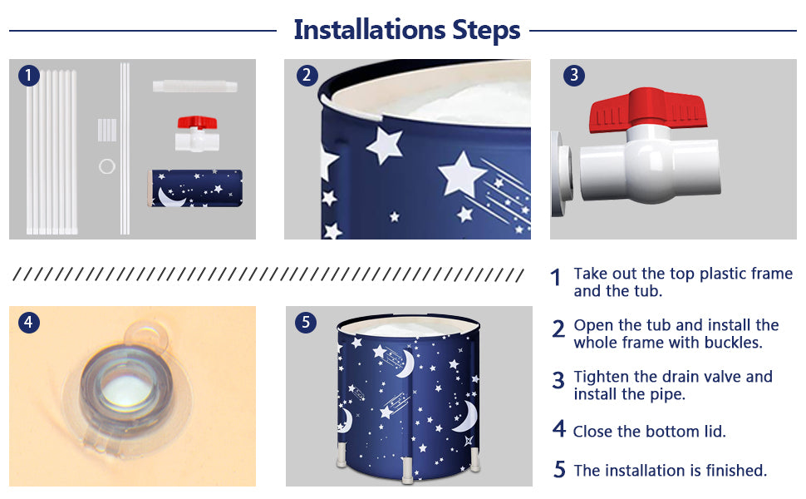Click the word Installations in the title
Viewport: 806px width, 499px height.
click(369, 30)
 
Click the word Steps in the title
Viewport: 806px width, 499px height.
click(486, 31)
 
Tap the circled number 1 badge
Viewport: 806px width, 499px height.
click(29, 76)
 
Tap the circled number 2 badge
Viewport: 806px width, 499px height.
click(307, 76)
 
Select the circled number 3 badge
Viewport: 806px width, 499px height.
click(574, 76)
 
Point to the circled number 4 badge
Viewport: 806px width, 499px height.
click(29, 323)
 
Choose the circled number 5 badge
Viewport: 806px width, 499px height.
click(306, 323)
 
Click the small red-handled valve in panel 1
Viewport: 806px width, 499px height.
click(198, 134)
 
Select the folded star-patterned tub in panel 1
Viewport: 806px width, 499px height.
click(195, 188)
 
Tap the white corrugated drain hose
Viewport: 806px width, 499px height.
click(194, 86)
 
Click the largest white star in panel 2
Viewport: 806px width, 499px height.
click(462, 174)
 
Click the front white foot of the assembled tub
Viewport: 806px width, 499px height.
click(407, 470)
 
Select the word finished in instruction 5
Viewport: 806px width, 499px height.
click(736, 470)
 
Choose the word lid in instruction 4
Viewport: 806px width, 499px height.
click(715, 431)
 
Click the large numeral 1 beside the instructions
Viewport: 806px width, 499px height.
click(556, 277)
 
